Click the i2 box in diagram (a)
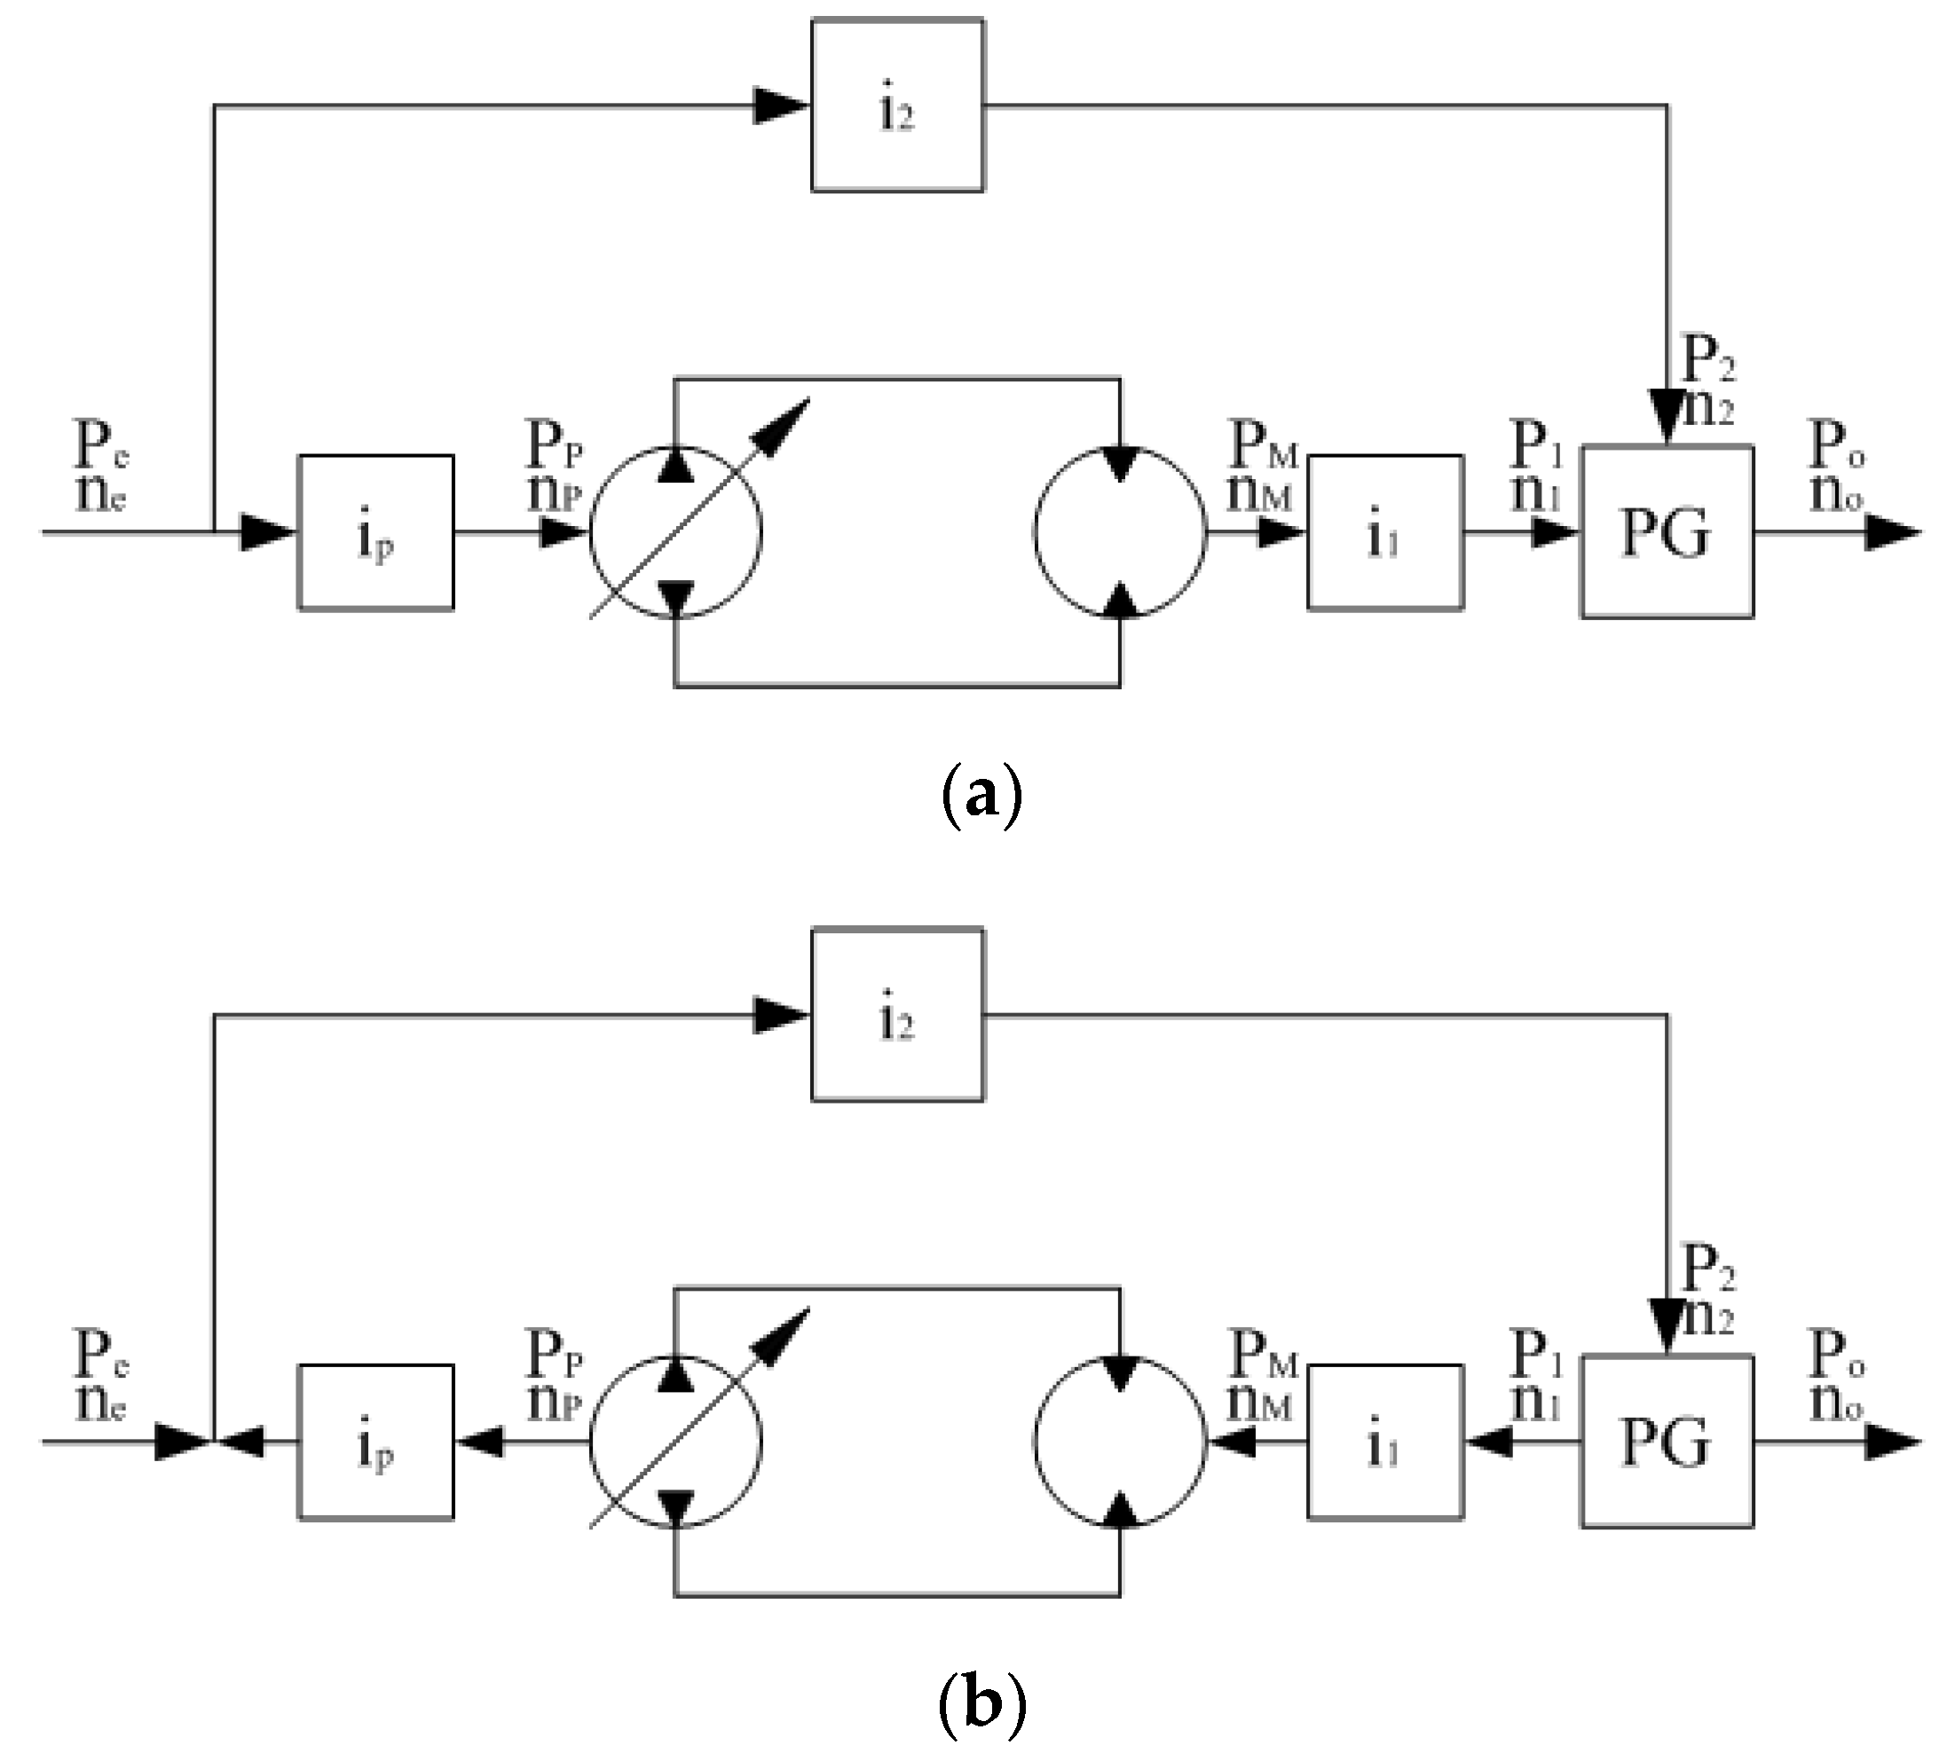896,106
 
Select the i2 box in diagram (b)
896,1014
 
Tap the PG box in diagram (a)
1666,532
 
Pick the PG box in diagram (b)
1666,1441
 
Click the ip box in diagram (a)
375,532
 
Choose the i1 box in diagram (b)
1385,1441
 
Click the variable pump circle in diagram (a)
675,532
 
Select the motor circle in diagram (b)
1120,1441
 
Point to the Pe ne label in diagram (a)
101,467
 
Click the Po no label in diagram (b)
1837,1375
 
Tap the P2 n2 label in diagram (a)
1708,382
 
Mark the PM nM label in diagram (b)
1263,1375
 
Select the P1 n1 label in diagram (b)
1537,1375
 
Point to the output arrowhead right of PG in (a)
1891,532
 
